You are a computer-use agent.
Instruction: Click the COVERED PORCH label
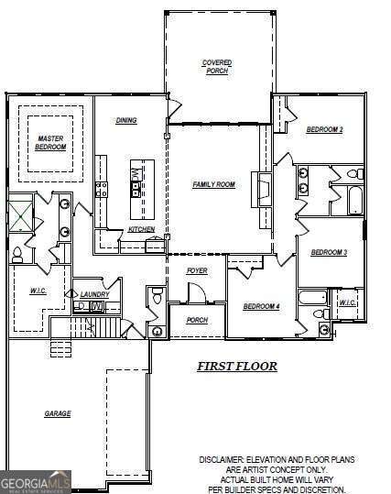pyautogui.click(x=217, y=67)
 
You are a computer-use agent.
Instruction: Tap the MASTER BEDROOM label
pyautogui.click(x=50, y=143)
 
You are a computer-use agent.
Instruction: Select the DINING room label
pyautogui.click(x=126, y=120)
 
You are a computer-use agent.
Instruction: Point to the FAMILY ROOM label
pyautogui.click(x=213, y=184)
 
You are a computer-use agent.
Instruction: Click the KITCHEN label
pyautogui.click(x=141, y=229)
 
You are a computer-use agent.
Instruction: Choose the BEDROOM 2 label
pyautogui.click(x=324, y=129)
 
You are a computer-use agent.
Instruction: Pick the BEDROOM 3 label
pyautogui.click(x=328, y=252)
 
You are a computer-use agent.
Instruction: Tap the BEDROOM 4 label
pyautogui.click(x=261, y=306)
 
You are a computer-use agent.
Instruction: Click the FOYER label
pyautogui.click(x=197, y=271)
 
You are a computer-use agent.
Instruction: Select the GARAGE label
pyautogui.click(x=58, y=413)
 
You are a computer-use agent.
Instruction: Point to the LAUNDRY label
pyautogui.click(x=94, y=294)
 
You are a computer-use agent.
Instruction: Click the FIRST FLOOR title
pyautogui.click(x=237, y=366)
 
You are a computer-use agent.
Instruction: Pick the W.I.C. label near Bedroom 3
pyautogui.click(x=347, y=302)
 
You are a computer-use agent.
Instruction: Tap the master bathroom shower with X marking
pyautogui.click(x=21, y=215)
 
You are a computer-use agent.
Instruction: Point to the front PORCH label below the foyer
pyautogui.click(x=196, y=320)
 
